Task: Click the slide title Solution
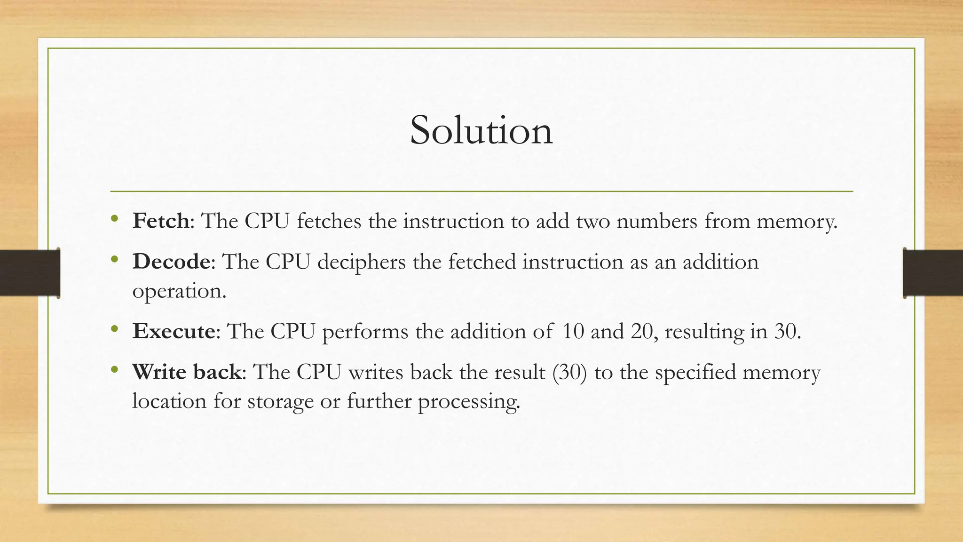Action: point(481,130)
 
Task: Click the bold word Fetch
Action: point(161,221)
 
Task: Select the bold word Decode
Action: point(171,262)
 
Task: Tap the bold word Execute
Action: point(174,331)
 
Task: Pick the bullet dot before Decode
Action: point(114,259)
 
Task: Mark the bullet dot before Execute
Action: point(114,329)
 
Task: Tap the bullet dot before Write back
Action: point(114,370)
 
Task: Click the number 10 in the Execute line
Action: point(573,331)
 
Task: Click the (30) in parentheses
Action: point(570,372)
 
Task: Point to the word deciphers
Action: point(361,262)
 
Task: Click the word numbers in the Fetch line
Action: point(656,221)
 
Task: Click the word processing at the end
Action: point(469,402)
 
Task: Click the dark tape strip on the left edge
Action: point(29,273)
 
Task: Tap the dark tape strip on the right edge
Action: point(933,273)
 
